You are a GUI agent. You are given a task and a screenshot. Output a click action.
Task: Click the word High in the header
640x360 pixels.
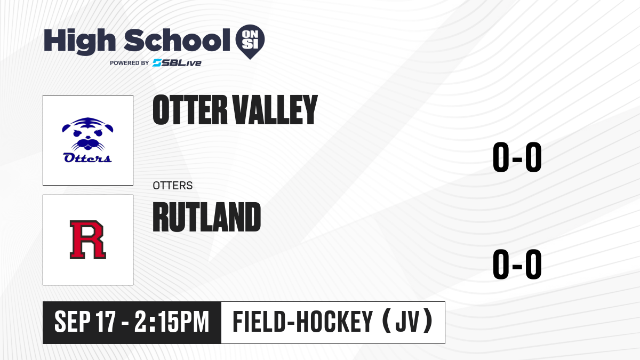pos(79,42)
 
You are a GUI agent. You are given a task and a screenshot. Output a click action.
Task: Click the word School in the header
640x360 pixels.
pos(177,40)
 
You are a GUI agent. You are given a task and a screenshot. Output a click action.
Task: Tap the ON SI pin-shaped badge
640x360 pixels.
pos(250,42)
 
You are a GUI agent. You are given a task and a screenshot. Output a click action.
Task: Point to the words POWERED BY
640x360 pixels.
pos(130,63)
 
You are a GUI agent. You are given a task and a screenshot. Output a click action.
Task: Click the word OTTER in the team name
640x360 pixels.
pos(190,110)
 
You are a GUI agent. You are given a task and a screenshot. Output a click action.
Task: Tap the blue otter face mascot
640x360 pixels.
pos(87,134)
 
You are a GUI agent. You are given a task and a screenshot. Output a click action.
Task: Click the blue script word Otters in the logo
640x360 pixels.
pos(87,158)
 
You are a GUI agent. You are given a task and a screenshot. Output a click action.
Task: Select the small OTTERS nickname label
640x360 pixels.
pos(173,186)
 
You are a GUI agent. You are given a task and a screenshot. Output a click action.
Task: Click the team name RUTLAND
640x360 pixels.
pos(207,217)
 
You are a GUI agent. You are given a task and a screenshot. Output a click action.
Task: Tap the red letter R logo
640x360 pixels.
pos(88,239)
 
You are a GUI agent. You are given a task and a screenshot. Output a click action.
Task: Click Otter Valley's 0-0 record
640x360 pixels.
pos(517,157)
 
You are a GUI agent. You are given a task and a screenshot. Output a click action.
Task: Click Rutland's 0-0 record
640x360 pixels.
pos(517,264)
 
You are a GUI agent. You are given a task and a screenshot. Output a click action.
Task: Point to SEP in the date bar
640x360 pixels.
pos(73,322)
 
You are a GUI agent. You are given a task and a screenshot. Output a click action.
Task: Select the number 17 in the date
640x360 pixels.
pos(106,322)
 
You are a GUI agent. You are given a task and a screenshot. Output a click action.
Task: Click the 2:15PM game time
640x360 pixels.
pos(172,322)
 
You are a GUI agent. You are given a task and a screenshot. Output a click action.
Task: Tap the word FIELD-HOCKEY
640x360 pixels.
pos(303,322)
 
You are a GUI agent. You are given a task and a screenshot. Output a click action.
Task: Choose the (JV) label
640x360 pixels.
pos(407,321)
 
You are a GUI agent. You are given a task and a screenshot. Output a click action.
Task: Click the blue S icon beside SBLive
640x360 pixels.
pos(157,63)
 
